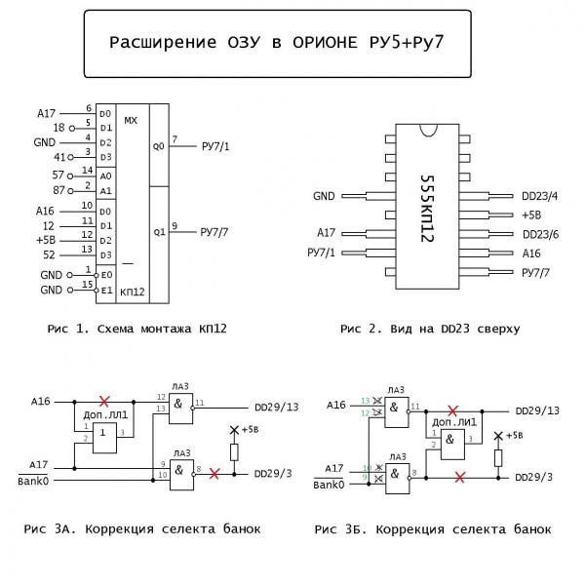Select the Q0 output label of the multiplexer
coord(159,146)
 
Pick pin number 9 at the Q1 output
coord(175,226)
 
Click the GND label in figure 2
coord(324,196)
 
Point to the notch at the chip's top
coord(426,129)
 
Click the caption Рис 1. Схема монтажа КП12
coord(136,329)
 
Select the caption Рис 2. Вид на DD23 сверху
coord(429,329)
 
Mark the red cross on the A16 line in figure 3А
coord(104,401)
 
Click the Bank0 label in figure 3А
coord(33,481)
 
